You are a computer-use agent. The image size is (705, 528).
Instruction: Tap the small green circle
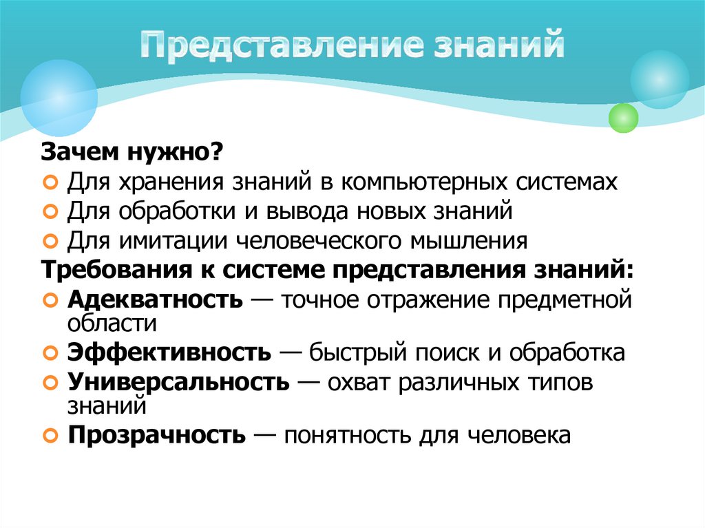coord(624,118)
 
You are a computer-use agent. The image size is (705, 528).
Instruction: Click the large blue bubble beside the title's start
coord(59,97)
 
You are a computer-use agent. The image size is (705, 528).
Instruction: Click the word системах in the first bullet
coord(562,182)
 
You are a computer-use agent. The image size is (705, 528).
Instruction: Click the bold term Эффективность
coord(169,352)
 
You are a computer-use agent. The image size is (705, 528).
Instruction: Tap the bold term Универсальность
coord(178,382)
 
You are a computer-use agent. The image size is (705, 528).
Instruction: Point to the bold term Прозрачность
coord(156,435)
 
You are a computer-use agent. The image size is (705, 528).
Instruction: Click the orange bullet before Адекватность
coord(50,301)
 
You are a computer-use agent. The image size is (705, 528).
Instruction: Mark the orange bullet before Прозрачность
coord(50,436)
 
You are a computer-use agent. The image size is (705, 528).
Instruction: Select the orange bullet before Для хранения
coord(50,182)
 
